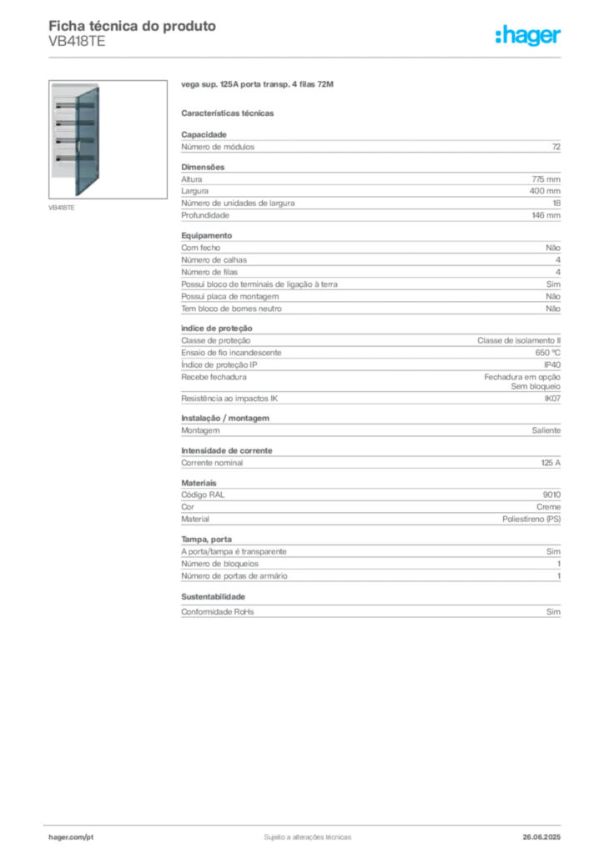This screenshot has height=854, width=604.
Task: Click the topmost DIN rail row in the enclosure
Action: click(66, 107)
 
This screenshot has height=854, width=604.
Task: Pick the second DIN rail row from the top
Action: click(66, 123)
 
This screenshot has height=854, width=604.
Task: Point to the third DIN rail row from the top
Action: click(66, 140)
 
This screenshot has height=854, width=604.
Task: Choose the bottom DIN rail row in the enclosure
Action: click(66, 157)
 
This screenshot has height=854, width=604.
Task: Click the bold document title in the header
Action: click(133, 26)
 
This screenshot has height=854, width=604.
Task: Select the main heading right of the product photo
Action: click(259, 86)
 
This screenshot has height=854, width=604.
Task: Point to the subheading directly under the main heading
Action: click(229, 112)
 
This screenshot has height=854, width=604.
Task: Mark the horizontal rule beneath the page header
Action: click(307, 57)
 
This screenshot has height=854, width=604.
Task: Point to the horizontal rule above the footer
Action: click(307, 821)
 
